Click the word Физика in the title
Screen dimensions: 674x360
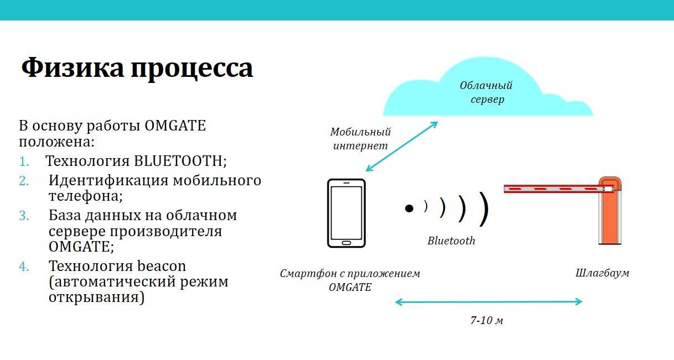click(x=72, y=67)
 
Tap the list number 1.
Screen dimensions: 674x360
click(x=24, y=162)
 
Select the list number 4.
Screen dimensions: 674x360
click(x=24, y=267)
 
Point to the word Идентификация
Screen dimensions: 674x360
click(x=108, y=180)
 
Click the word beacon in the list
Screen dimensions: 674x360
click(x=161, y=266)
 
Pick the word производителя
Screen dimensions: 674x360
click(x=165, y=232)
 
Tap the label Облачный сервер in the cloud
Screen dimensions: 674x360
click(x=486, y=92)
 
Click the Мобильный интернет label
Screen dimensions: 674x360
click(x=360, y=139)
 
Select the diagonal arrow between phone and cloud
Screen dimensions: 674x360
click(x=402, y=147)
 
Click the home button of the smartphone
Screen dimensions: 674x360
click(x=346, y=243)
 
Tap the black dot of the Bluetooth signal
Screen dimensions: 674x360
click(x=409, y=208)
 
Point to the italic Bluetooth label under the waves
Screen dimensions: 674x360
click(x=452, y=241)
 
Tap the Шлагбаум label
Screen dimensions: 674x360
click(x=602, y=273)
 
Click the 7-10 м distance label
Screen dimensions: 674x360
click(x=486, y=320)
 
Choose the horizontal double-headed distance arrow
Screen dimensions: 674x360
click(x=489, y=301)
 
